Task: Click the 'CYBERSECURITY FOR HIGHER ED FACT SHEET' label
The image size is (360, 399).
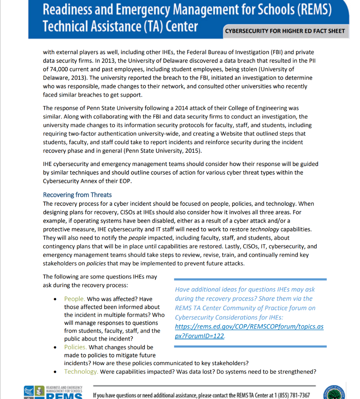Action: [x=285, y=31]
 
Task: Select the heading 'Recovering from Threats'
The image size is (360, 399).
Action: [x=77, y=195]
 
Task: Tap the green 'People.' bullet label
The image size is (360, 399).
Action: [x=74, y=299]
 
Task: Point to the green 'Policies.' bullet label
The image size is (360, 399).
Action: [x=76, y=347]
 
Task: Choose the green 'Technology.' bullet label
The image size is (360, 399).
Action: [x=81, y=371]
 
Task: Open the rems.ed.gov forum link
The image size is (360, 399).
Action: [x=249, y=331]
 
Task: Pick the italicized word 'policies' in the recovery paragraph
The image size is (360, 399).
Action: [x=96, y=263]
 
